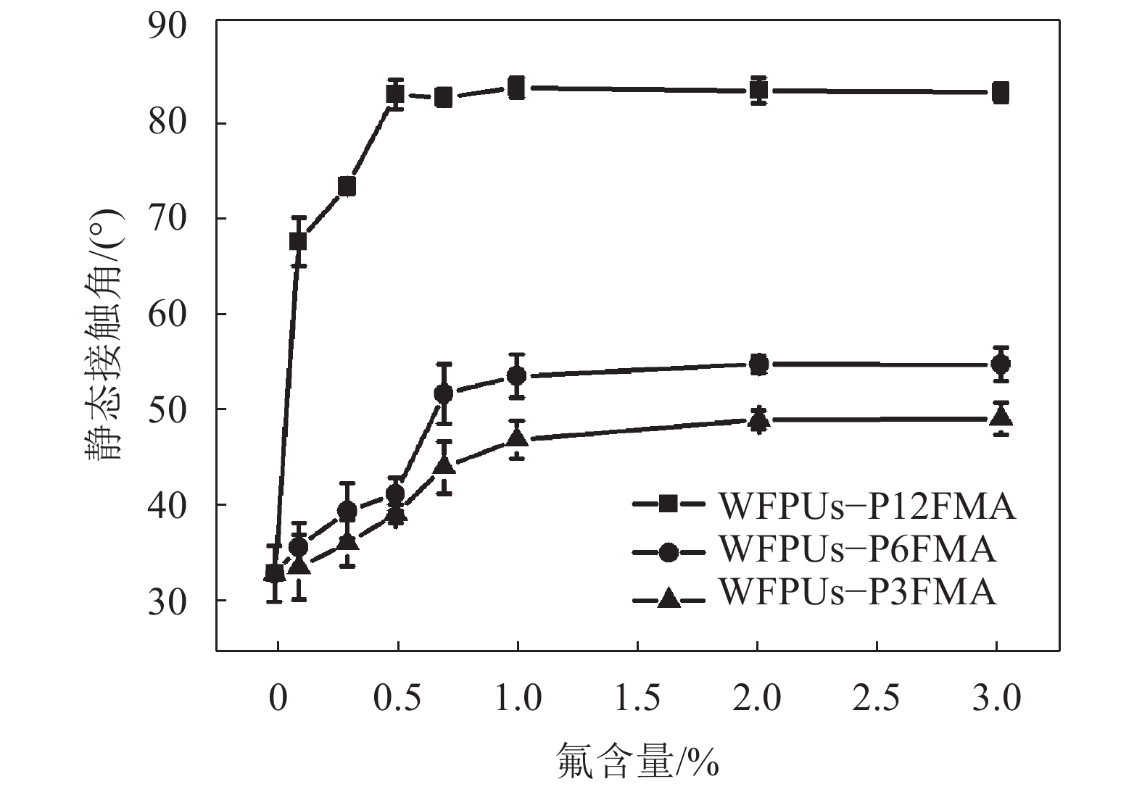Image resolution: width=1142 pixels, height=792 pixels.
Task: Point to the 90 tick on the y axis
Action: [167, 28]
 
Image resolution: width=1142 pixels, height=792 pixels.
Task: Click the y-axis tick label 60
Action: [167, 314]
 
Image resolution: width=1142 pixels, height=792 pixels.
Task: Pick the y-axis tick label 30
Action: [167, 601]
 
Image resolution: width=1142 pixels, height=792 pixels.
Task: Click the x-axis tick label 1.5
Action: [637, 699]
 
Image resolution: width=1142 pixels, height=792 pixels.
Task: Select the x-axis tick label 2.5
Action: [877, 699]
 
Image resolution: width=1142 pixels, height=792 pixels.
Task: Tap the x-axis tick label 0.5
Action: [397, 699]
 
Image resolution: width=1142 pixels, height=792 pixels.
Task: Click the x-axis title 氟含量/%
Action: [637, 760]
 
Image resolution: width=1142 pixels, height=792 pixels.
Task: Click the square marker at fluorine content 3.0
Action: [1001, 93]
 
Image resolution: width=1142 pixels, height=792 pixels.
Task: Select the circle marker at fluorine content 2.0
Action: [758, 364]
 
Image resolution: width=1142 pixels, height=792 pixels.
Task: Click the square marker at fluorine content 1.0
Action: [517, 88]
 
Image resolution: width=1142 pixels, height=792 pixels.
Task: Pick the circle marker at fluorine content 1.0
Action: [517, 375]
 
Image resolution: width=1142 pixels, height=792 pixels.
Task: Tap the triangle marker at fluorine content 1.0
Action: [517, 438]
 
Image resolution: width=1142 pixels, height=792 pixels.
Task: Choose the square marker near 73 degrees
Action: [347, 187]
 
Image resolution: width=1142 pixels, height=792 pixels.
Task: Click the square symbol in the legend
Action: [668, 505]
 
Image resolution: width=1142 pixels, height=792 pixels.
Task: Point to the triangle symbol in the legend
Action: [668, 598]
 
